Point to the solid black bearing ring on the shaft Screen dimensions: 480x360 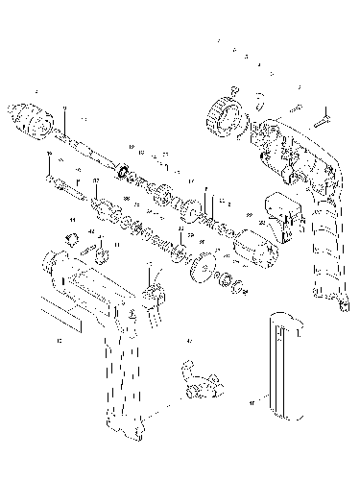124,174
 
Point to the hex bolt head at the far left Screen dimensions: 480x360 49,180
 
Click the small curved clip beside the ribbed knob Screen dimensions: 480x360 260,96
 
